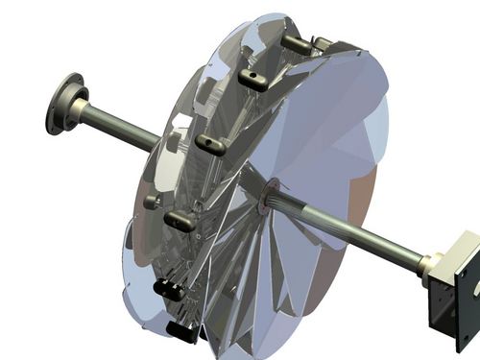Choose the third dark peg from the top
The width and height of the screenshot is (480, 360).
coord(210,145)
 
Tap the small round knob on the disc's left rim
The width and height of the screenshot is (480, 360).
coord(151,202)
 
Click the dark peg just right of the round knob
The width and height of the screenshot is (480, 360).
coord(181,220)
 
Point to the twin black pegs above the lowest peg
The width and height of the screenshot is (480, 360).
coord(170,287)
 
